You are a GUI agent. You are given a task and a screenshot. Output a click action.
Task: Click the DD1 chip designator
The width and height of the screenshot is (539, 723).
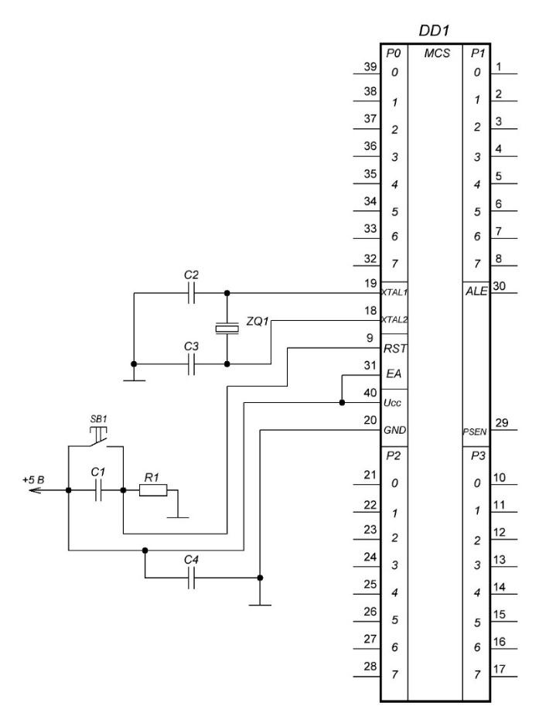click(x=433, y=30)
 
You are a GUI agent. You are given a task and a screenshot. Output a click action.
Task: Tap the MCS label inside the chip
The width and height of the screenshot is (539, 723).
click(x=437, y=53)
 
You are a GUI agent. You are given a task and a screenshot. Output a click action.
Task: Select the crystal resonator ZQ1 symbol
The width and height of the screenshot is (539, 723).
click(x=227, y=329)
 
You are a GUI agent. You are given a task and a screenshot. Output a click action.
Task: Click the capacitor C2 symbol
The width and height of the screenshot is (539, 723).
click(x=191, y=293)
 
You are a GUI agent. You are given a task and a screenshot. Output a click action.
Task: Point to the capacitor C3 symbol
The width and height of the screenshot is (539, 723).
click(x=191, y=364)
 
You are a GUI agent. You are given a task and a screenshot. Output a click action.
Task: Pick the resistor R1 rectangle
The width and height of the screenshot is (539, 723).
click(x=153, y=490)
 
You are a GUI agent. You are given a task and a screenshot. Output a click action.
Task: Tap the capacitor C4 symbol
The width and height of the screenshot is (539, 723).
click(x=191, y=578)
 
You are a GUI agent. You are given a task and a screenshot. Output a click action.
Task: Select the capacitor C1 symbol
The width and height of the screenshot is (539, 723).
click(x=98, y=490)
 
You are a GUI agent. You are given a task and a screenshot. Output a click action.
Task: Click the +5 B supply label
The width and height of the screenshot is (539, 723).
click(x=33, y=479)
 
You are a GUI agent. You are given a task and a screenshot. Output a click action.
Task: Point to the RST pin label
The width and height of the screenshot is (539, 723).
click(x=395, y=349)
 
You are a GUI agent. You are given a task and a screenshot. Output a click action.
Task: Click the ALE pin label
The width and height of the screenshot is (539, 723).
click(x=476, y=291)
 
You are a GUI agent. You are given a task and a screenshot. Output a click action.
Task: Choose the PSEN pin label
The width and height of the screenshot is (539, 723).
click(x=475, y=431)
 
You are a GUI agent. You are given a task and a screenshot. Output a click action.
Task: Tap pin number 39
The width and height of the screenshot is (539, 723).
click(x=370, y=67)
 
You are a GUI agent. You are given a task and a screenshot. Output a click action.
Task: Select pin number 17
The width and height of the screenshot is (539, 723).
click(x=500, y=669)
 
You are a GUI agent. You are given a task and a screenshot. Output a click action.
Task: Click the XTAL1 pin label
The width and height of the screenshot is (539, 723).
click(x=394, y=292)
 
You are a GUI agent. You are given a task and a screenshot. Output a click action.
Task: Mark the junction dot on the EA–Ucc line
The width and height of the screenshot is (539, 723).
click(x=342, y=403)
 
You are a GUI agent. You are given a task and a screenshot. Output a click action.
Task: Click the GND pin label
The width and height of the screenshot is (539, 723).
click(x=394, y=430)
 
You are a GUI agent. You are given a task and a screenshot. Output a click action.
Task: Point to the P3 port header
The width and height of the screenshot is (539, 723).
click(x=478, y=455)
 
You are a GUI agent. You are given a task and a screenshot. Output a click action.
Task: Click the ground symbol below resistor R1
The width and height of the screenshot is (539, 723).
click(x=178, y=517)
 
